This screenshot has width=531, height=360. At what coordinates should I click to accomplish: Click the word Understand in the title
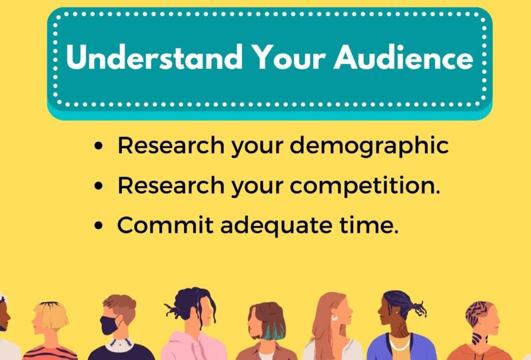[x=154, y=57]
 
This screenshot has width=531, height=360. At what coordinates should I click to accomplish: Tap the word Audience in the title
[x=403, y=57]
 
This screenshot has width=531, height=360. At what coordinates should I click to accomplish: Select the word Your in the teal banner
[x=289, y=57]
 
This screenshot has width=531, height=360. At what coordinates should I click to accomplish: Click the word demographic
[x=369, y=146]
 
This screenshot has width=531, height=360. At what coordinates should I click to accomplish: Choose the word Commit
[x=165, y=225]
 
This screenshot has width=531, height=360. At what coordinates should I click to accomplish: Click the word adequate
[x=276, y=226]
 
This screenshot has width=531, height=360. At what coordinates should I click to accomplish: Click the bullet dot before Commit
[x=98, y=226]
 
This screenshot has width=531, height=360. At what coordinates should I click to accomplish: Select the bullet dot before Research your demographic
[x=98, y=146]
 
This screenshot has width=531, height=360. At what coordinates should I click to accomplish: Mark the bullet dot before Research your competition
[x=98, y=186]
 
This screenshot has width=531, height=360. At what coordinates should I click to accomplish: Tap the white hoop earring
[x=334, y=317]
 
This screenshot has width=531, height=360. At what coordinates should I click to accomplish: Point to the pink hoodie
[x=193, y=347]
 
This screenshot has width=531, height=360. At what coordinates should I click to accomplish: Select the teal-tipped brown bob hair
[x=268, y=321]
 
